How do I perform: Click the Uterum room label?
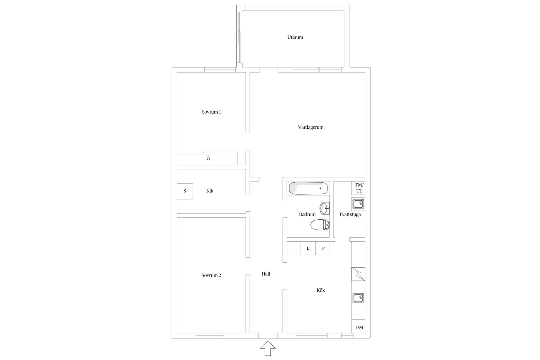[x=295, y=37]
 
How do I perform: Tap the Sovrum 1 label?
[x=211, y=112]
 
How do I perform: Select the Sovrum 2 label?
[x=211, y=275]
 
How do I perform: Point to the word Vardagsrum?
[x=311, y=127]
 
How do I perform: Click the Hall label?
[x=266, y=274]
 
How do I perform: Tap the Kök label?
[x=321, y=290]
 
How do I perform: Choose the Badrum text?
[x=307, y=214]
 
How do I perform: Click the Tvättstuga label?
[x=350, y=214]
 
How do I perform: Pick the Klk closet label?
[x=210, y=191]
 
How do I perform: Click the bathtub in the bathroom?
[x=308, y=188]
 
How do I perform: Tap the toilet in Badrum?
[x=320, y=225]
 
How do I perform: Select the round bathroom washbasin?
[x=325, y=208]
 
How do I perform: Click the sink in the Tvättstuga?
[x=358, y=204]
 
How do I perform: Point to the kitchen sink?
[x=358, y=298]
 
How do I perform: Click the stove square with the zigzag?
[x=358, y=274]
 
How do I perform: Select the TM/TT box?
[x=358, y=188]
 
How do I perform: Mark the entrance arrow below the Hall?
[x=268, y=348]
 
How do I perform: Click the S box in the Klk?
[x=185, y=191]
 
